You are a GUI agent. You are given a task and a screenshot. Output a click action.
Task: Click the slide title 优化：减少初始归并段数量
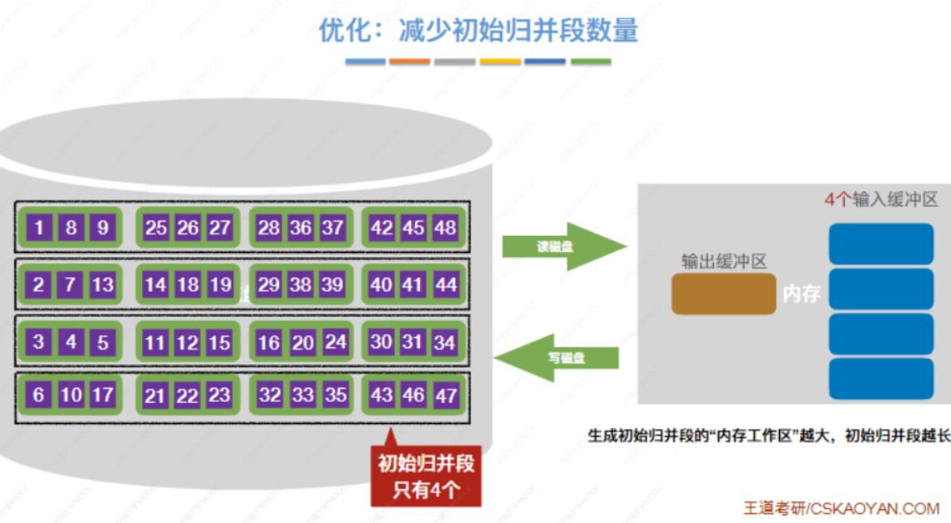(478, 30)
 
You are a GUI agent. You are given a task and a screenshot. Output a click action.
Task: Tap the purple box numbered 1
(39, 228)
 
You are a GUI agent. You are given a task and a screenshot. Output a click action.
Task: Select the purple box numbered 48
(444, 228)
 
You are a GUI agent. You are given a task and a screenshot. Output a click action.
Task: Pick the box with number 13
(102, 285)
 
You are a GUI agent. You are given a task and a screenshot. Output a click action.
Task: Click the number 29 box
(268, 285)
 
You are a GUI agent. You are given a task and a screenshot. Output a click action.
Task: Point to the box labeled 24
(335, 342)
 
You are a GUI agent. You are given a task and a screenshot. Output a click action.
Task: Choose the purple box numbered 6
(38, 395)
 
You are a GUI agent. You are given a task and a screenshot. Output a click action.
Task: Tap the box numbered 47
(445, 396)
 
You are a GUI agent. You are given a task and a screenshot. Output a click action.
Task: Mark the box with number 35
(335, 396)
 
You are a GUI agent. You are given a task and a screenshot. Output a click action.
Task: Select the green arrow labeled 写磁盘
(559, 358)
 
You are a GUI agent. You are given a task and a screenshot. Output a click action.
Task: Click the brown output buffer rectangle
(723, 294)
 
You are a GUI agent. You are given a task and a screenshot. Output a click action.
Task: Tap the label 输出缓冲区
(723, 261)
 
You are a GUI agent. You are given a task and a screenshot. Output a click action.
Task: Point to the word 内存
(801, 294)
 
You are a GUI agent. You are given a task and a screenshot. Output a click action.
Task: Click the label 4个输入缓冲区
(880, 200)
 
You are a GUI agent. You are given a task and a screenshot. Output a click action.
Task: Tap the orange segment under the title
(409, 62)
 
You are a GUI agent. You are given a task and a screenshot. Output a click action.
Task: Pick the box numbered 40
(381, 285)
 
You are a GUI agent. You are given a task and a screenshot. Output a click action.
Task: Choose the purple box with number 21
(154, 396)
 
